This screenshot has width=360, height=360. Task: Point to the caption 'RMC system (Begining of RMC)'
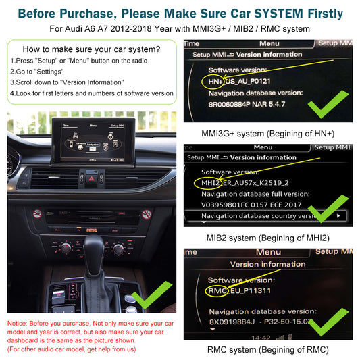267,349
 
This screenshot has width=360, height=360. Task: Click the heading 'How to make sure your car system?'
91,49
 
